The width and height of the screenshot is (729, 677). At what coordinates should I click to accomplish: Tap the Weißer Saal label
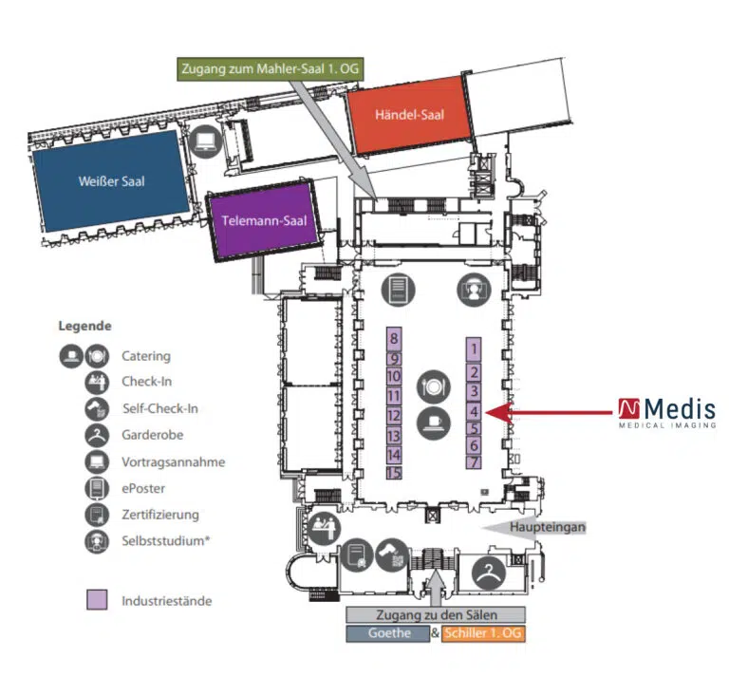point(112,181)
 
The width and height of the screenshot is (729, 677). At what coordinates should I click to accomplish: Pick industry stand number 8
point(393,339)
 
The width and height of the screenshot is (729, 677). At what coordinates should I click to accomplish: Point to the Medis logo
point(666,412)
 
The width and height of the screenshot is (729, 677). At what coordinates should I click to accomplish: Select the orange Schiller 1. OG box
point(484,633)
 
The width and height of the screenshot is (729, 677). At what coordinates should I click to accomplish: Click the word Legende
point(85,325)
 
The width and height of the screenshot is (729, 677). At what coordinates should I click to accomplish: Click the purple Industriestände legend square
point(96,600)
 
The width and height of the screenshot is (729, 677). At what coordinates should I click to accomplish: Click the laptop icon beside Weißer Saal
point(205,143)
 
